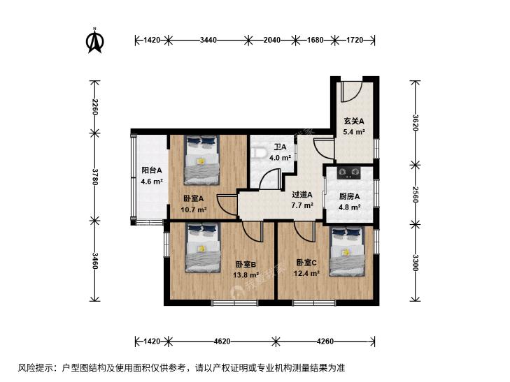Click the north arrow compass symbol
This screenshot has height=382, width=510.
(x=95, y=41)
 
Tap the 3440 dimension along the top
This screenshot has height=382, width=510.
(x=208, y=41)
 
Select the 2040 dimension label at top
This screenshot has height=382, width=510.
(x=272, y=41)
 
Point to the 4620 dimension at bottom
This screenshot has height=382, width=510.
(x=222, y=341)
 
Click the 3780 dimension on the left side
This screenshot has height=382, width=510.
(x=94, y=177)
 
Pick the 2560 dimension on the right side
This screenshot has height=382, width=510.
(x=416, y=194)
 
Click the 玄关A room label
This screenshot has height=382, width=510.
(x=354, y=122)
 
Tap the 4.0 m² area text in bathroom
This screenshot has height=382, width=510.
(x=280, y=158)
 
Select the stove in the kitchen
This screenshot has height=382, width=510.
(x=349, y=172)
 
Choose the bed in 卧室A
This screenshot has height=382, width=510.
(x=201, y=160)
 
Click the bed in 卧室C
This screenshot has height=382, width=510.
(x=347, y=251)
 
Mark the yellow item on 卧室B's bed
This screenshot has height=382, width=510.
(x=202, y=249)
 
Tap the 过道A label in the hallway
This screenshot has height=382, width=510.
(x=302, y=195)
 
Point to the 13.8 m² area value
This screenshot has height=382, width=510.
(x=246, y=275)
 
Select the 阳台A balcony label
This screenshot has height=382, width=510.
(x=152, y=170)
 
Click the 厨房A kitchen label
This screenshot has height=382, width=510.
(x=349, y=196)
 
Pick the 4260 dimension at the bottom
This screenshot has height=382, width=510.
(x=325, y=341)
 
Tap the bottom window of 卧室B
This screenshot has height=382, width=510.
(x=234, y=303)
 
